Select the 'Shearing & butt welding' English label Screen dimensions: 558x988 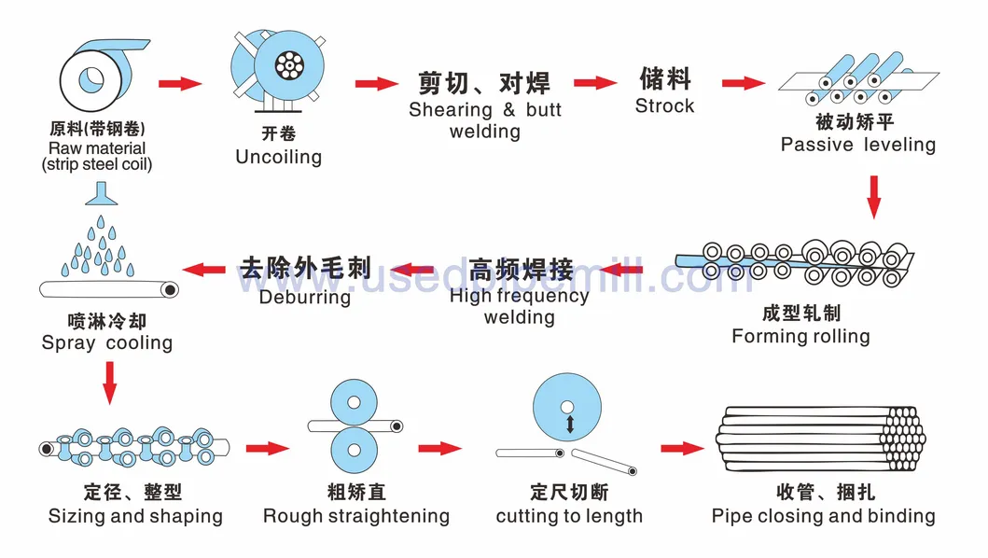pos(484,120)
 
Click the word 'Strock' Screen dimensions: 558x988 pos(664,106)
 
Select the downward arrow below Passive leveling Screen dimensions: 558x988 pos(874,196)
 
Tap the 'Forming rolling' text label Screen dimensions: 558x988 pos(800,336)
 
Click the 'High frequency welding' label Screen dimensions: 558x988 pos(519,307)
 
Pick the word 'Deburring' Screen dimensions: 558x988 pos(305,298)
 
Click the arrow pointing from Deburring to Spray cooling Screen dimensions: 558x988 pos(205,271)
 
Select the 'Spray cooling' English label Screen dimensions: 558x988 pos(107,342)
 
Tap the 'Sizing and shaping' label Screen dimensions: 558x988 pos(135,516)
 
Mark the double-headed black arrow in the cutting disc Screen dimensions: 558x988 pos(566,425)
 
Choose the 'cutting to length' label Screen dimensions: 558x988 pos(569,516)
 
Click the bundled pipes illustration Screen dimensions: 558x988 pos(821,439)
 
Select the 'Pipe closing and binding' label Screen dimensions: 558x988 pos(823,516)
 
